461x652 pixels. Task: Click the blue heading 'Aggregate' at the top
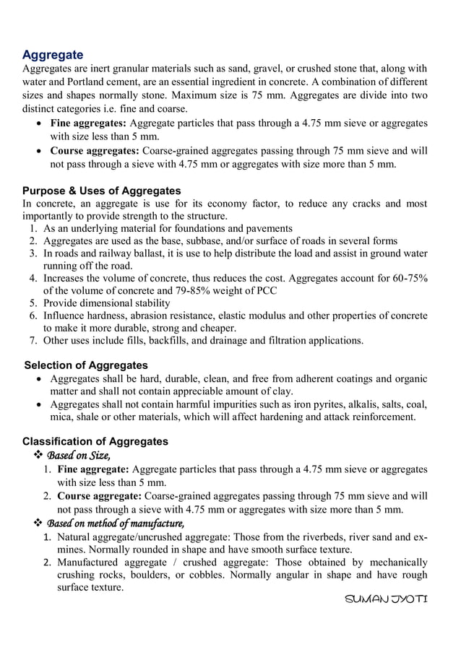tap(53, 55)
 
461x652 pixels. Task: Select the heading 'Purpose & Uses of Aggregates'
tap(102, 191)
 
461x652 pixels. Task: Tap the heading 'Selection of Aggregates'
tap(86, 365)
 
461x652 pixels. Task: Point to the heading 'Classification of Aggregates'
tap(95, 441)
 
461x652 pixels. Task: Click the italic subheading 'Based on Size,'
tap(78, 456)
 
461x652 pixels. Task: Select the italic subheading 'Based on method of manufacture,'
tap(115, 523)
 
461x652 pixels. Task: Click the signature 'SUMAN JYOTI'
tap(387, 600)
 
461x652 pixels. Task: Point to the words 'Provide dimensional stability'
tap(108, 303)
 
